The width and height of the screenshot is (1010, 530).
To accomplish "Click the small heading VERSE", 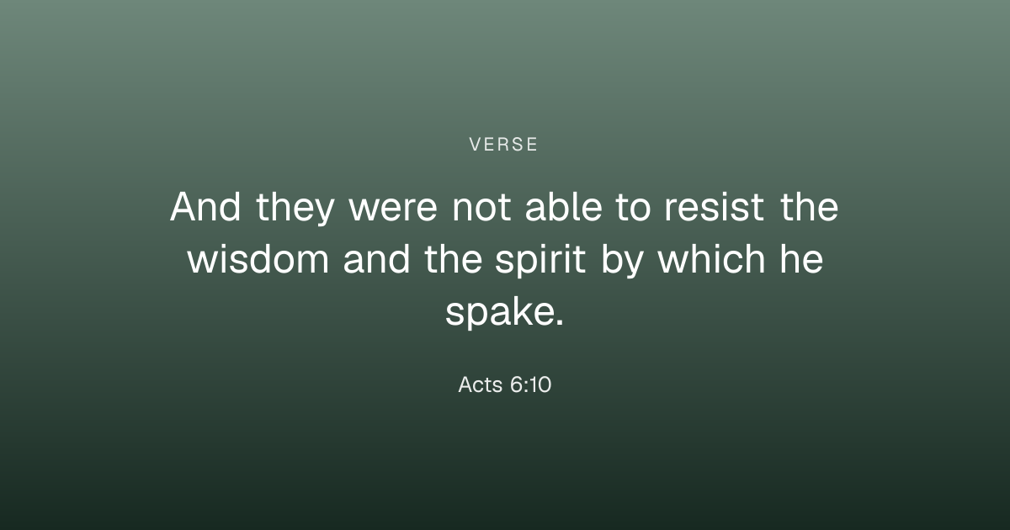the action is click(503, 145).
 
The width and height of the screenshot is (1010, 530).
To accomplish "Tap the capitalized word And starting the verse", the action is click(205, 206).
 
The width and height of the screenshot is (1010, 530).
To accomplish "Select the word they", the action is click(295, 209).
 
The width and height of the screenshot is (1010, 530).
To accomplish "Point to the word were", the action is click(393, 209).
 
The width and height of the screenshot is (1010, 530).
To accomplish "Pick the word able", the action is click(564, 206).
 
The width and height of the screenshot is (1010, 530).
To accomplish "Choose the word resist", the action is click(715, 207).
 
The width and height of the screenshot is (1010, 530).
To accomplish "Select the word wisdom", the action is click(258, 259).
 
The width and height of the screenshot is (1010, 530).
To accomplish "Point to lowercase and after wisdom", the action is click(377, 259).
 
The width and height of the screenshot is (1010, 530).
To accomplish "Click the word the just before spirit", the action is click(453, 259).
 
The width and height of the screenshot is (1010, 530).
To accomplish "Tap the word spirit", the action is click(540, 261).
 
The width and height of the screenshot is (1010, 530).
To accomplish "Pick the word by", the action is click(622, 261).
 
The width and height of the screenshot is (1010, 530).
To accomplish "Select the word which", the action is click(711, 259).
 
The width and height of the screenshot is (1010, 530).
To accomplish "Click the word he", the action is click(802, 259).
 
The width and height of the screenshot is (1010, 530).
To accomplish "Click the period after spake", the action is click(560, 322).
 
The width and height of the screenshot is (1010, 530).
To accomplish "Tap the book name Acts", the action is click(481, 385).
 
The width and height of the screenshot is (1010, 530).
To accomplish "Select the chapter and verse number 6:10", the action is click(531, 385).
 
